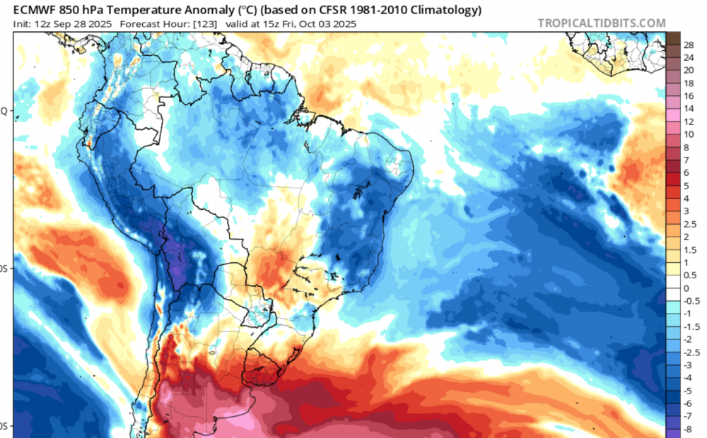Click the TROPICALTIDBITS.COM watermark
[602, 23]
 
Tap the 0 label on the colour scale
[686, 288]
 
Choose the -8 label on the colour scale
[688, 429]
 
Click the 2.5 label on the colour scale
[690, 224]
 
